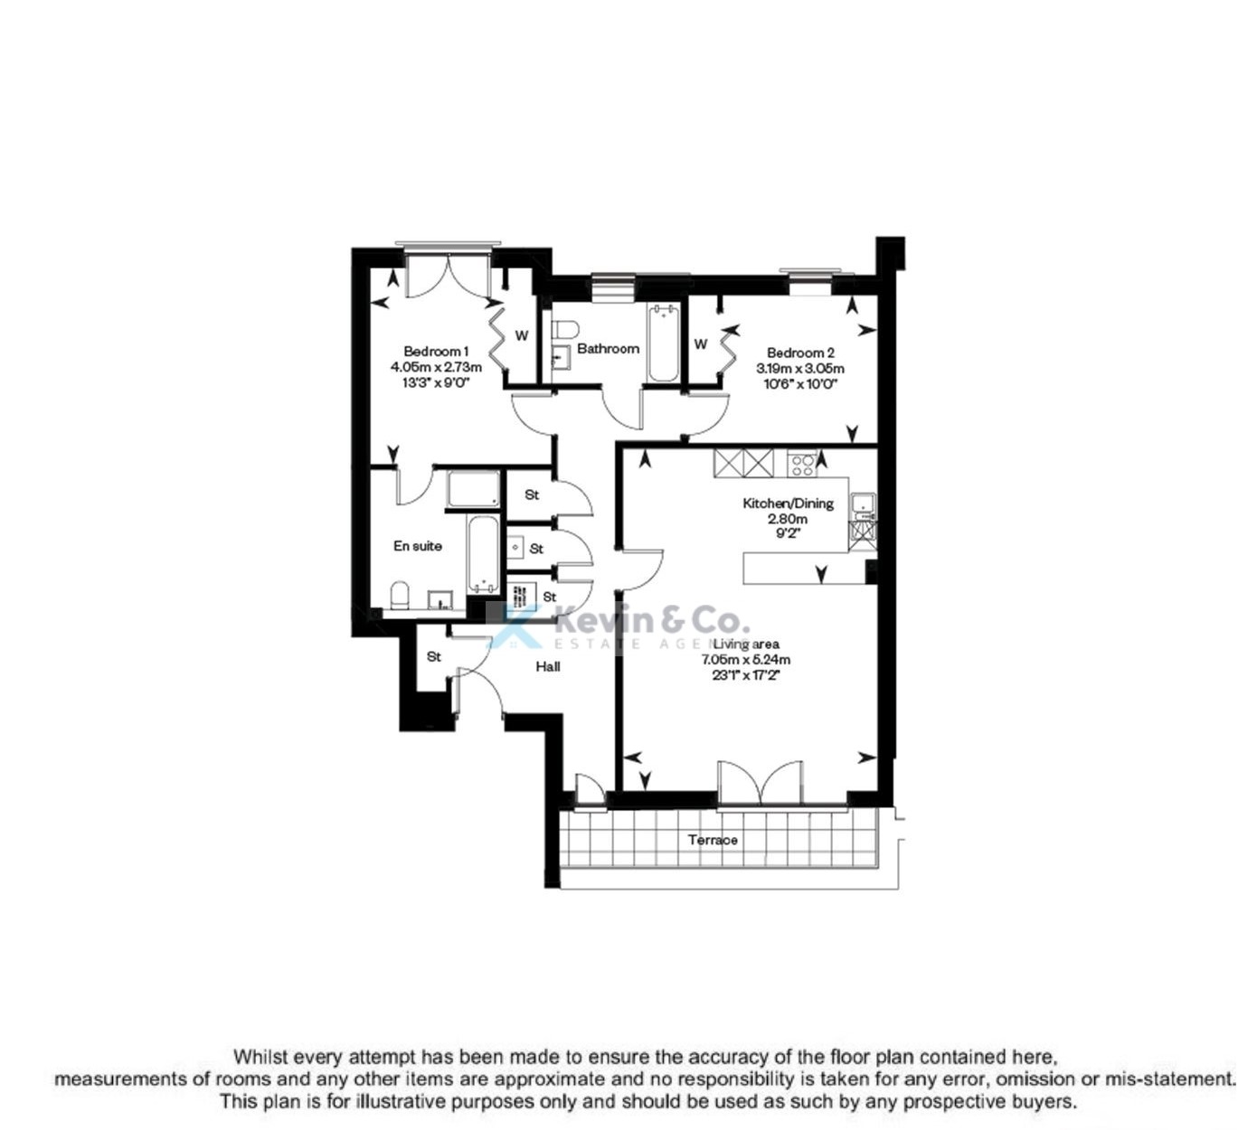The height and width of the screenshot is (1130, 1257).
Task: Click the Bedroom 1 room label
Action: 436,352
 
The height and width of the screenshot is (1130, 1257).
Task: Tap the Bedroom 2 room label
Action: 800,353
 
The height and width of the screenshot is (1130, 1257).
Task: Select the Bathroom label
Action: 608,348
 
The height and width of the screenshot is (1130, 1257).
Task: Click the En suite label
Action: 418,546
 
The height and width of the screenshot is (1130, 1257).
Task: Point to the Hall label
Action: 548,666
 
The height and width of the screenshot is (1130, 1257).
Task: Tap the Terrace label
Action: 713,840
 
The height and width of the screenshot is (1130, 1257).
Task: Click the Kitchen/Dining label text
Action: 788,504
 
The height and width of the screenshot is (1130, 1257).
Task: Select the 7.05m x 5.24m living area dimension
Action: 746,659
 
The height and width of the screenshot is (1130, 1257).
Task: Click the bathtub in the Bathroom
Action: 663,344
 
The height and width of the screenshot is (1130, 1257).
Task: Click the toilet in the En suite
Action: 399,596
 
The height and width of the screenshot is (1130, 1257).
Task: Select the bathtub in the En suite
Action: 481,553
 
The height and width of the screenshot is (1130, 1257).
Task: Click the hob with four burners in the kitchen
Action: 801,464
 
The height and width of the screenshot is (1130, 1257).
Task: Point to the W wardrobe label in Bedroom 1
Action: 522,335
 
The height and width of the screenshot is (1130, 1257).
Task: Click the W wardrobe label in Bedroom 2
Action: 701,344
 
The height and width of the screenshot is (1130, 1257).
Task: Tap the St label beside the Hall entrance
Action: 434,656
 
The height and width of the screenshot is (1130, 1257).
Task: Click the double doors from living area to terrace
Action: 760,783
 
